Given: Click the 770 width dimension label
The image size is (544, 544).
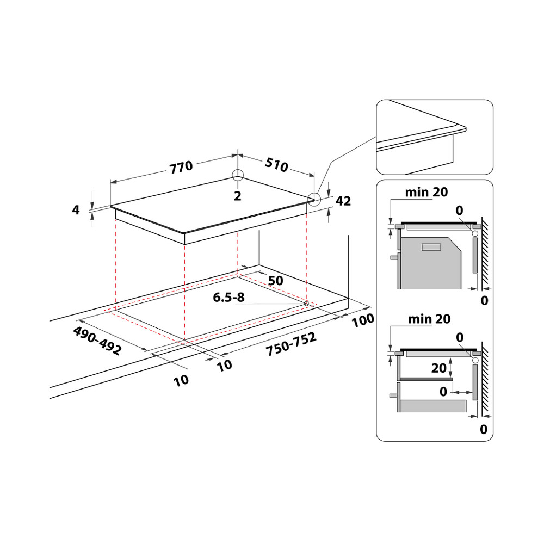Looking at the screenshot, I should pos(181,167).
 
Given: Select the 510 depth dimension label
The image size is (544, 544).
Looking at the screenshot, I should pos(276,165).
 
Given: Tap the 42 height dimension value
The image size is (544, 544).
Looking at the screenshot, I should pos(343,201).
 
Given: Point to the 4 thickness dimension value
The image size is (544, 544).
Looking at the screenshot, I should pos(76,210).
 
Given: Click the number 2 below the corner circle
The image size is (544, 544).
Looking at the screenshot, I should pos(237,196).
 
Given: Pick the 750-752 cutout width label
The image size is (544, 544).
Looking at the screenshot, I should pos(291,345).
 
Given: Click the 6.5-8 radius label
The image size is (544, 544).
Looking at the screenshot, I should pos(229,298).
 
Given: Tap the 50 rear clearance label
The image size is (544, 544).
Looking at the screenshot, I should pos(276,281).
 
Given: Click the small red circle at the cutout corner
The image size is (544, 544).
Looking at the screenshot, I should pos(307,303).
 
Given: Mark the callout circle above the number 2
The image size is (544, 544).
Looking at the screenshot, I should pos(238,175).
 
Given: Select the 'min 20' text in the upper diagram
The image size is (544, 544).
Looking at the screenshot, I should pos(428,192).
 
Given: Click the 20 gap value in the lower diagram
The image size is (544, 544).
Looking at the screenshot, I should pos(438,368).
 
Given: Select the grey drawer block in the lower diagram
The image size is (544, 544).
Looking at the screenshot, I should pos(434,407).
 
